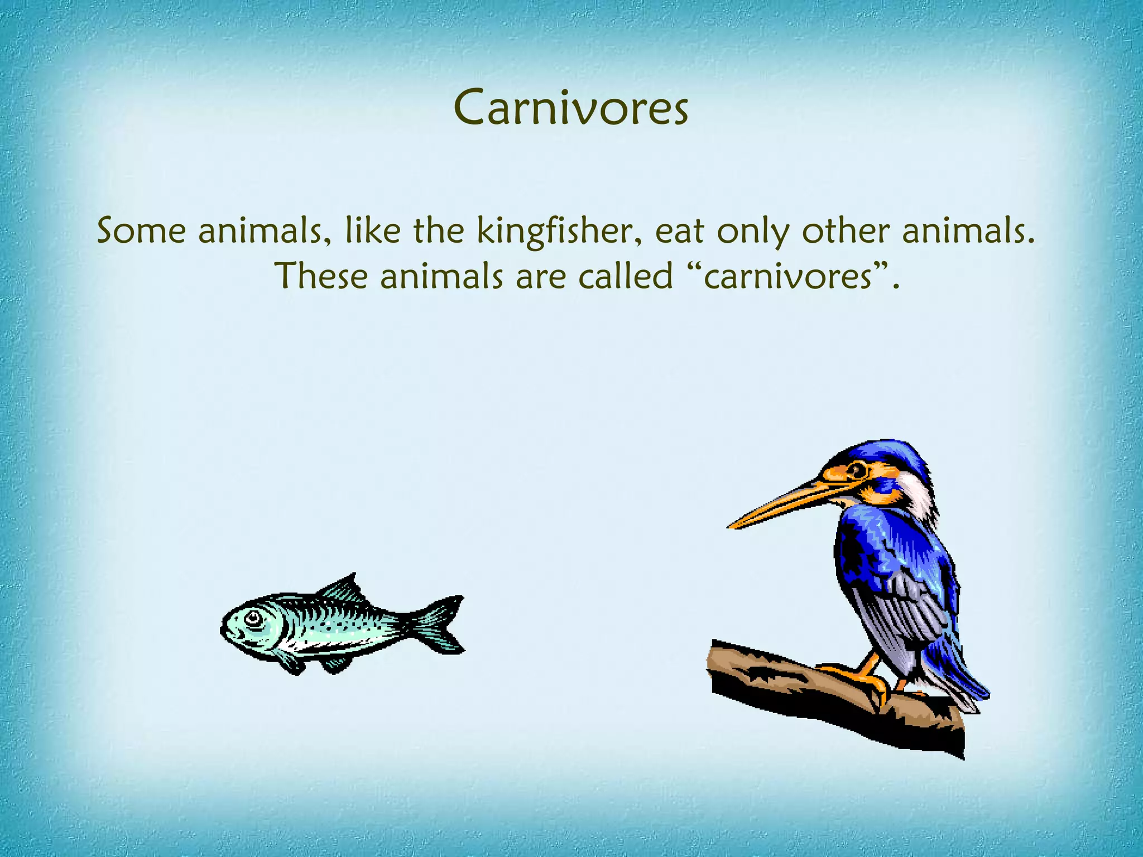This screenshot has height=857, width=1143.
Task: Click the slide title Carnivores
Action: [x=571, y=107]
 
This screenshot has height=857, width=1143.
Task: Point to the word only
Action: [x=753, y=232]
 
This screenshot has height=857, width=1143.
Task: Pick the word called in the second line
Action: [x=625, y=276]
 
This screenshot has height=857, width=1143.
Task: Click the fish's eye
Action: [x=253, y=618]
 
